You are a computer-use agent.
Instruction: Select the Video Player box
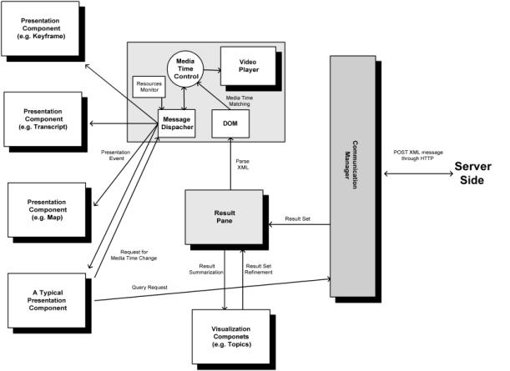243,64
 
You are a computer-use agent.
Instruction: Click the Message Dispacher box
178,125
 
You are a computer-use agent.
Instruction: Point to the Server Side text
477,175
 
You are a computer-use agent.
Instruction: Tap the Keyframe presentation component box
43,28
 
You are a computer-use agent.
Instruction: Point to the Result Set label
299,218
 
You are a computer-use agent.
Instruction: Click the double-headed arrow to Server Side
417,174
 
